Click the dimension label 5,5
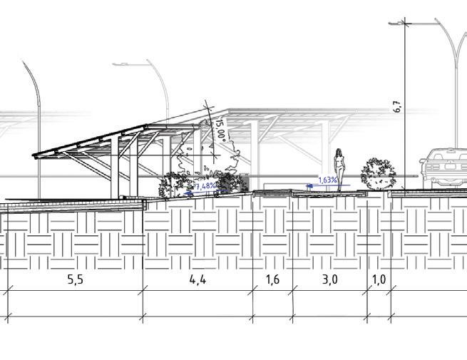76,279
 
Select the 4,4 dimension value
198,279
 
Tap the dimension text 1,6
272,279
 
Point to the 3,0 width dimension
329,279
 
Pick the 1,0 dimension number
379,279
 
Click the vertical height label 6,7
397,107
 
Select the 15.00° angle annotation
220,132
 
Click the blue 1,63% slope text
329,181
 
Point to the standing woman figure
341,168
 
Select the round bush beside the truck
377,173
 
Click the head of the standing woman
341,151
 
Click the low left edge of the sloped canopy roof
36,155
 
